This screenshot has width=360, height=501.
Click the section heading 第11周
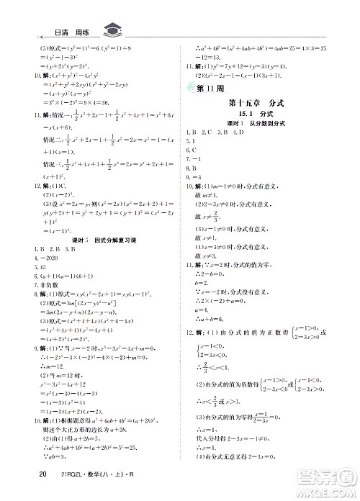206,89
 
